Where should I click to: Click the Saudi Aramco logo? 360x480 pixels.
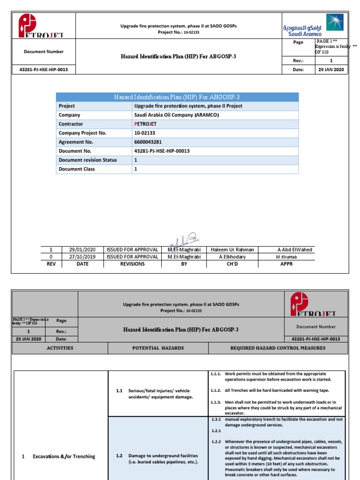tap(313, 25)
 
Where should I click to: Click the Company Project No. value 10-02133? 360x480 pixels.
tap(145, 133)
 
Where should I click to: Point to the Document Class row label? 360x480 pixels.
tap(77, 169)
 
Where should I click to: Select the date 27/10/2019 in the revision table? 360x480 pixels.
tap(82, 257)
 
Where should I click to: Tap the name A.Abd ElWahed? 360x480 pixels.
tap(294, 250)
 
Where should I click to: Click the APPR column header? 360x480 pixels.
tap(286, 264)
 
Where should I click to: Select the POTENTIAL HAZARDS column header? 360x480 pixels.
tap(158, 348)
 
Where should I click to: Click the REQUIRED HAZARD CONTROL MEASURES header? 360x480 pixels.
tap(278, 348)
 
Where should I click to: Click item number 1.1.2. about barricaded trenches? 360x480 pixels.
tap(216, 390)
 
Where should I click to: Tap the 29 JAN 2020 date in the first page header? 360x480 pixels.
tap(331, 70)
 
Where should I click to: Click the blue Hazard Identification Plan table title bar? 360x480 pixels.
tap(177, 97)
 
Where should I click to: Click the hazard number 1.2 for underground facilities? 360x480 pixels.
tap(119, 456)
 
